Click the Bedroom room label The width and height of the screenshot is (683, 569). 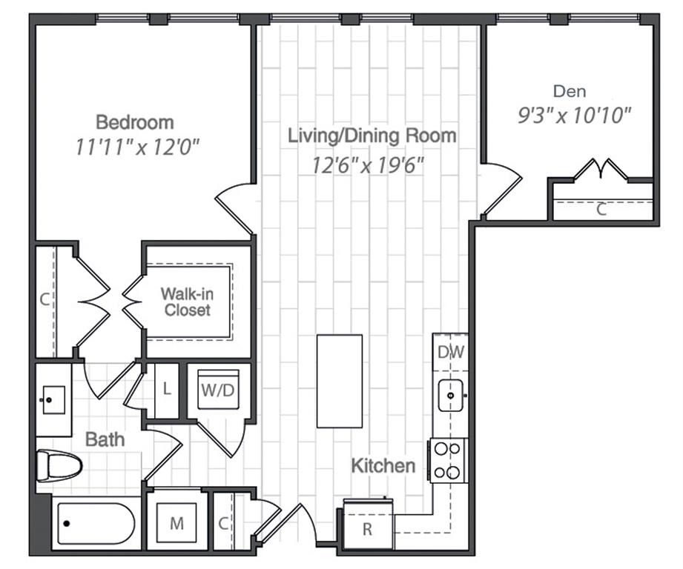(x=135, y=122)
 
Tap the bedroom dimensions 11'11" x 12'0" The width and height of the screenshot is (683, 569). (x=138, y=147)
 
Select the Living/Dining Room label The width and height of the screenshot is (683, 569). (x=372, y=136)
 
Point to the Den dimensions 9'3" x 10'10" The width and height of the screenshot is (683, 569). (x=573, y=115)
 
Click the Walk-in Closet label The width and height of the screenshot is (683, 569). (x=187, y=302)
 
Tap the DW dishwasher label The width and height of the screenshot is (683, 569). (x=450, y=353)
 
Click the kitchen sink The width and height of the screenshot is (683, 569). (x=450, y=395)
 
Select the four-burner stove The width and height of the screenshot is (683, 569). (x=448, y=460)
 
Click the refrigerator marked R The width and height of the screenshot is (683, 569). (x=367, y=528)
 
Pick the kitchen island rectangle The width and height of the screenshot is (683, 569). (x=340, y=381)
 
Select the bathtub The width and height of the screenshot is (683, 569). (x=93, y=523)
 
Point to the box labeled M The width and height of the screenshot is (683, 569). (x=176, y=524)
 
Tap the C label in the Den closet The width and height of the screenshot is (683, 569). (x=601, y=210)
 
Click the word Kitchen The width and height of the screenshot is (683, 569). (x=383, y=466)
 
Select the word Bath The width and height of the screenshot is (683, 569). (x=105, y=439)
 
